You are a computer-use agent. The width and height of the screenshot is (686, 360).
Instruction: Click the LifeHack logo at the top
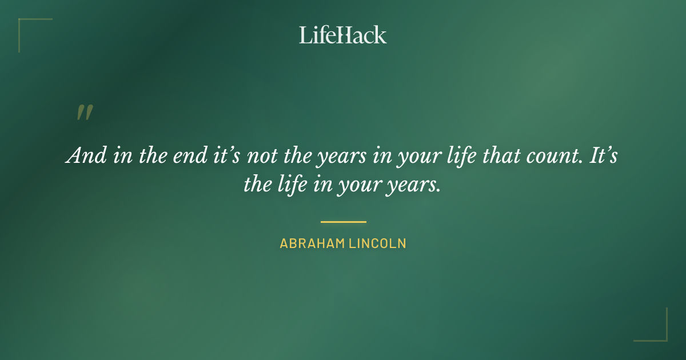342,35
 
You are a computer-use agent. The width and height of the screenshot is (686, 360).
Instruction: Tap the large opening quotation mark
85,113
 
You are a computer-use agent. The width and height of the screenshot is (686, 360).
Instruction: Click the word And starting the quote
85,155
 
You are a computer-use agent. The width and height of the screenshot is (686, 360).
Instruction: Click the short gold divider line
343,222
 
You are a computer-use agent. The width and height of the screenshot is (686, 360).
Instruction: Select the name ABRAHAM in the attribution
311,243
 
